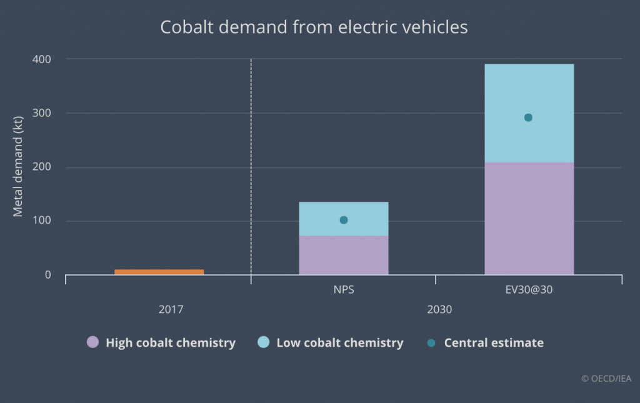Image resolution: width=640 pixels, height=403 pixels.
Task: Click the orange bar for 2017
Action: pyautogui.click(x=159, y=272)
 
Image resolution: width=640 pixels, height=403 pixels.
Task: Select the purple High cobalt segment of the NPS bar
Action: pyautogui.click(x=344, y=255)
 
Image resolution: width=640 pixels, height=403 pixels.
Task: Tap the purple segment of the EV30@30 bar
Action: pyautogui.click(x=529, y=218)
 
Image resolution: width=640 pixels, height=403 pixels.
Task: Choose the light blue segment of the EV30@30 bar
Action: pyautogui.click(x=529, y=94)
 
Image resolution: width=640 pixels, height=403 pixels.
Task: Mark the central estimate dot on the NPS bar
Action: pyautogui.click(x=344, y=220)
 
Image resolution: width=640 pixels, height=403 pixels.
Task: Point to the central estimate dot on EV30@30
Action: pyautogui.click(x=528, y=117)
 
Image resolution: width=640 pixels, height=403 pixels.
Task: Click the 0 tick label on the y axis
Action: pyautogui.click(x=47, y=275)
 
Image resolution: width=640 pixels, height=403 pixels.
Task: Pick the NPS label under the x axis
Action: pyautogui.click(x=344, y=291)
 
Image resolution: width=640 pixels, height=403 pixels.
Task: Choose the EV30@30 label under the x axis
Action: pyautogui.click(x=529, y=291)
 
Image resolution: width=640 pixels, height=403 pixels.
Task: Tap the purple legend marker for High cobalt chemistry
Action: pyautogui.click(x=92, y=342)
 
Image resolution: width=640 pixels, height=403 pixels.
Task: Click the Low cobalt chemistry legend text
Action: pyautogui.click(x=339, y=342)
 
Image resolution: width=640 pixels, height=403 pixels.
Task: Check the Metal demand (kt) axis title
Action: pyautogui.click(x=18, y=165)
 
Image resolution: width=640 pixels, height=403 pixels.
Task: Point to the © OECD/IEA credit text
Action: pyautogui.click(x=606, y=378)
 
